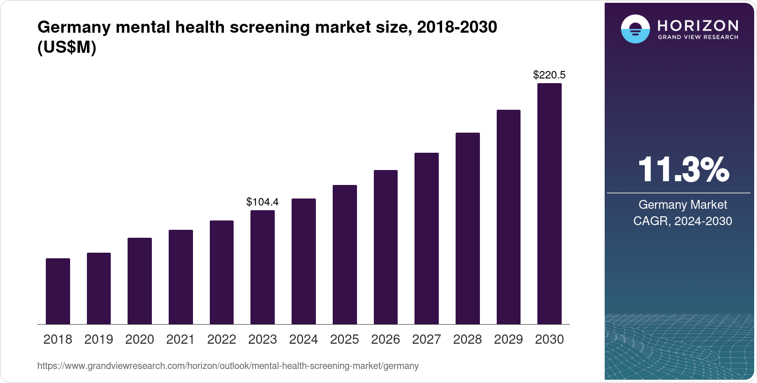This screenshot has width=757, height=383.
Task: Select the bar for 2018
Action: [x=58, y=291]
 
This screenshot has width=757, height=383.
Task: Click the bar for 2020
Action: [x=140, y=281]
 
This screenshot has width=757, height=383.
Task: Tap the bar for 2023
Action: [x=263, y=267]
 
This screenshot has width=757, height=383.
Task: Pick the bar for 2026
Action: [x=386, y=247]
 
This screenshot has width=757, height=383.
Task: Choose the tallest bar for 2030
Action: [x=550, y=204]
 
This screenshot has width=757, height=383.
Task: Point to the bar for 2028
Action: [x=468, y=228]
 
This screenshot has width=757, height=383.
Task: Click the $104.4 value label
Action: [x=263, y=202]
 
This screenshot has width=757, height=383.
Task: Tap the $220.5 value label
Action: [x=550, y=75]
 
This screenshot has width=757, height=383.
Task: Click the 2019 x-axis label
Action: [x=99, y=340]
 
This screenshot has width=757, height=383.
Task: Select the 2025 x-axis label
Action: [x=344, y=340]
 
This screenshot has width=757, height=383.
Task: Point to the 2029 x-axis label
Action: [x=508, y=340]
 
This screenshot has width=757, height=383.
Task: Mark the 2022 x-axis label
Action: [x=221, y=340]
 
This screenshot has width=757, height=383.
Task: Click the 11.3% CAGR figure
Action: [x=683, y=170]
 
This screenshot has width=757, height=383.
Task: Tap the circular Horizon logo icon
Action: [x=636, y=29]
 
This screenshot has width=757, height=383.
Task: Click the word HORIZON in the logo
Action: [x=698, y=25]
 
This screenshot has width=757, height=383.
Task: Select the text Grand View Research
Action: [x=698, y=37]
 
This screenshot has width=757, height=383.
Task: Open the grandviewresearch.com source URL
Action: [x=228, y=366]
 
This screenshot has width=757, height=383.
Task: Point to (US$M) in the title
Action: [x=67, y=48]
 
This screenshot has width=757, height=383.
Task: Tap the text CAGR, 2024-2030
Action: [x=683, y=221]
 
